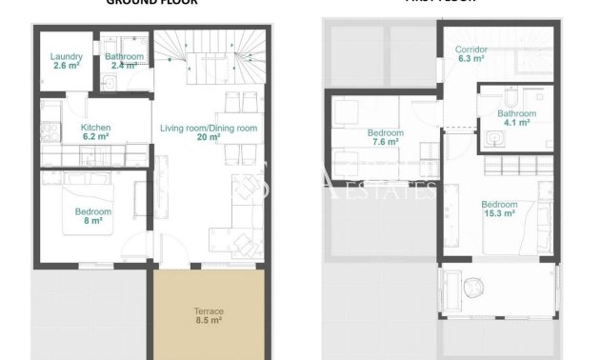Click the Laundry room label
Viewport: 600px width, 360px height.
point(67,61)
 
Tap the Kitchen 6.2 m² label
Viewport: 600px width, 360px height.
point(96,132)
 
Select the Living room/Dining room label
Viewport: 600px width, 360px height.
point(209,132)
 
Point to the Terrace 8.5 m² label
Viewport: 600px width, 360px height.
point(202,316)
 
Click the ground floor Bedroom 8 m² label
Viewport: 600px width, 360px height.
point(92,216)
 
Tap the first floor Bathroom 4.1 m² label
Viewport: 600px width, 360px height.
point(516,117)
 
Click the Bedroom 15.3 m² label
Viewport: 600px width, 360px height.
point(498,209)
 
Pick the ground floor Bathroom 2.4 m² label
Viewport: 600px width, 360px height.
point(124,61)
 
